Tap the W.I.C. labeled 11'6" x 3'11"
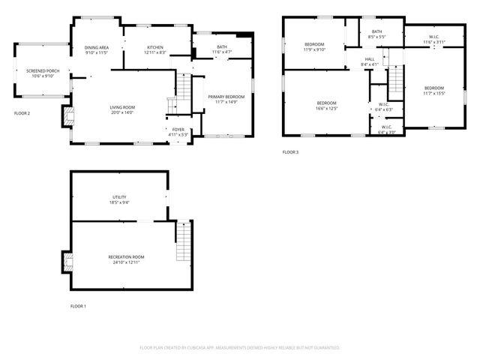point(434,39)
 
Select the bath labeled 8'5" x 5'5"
point(376,34)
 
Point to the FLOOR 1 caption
point(79,306)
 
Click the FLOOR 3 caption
point(290,152)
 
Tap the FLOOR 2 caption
point(22,113)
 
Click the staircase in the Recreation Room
point(183,241)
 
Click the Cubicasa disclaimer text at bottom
point(240,347)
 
